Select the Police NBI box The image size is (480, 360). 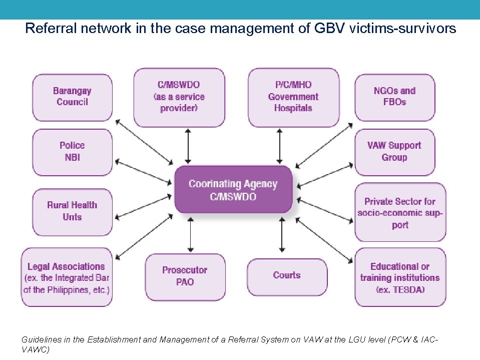pos(73,152)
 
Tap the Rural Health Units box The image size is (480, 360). pos(73,211)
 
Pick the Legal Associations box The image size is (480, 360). pos(67,277)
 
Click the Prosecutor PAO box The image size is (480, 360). pos(185,276)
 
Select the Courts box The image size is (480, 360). pos(287,276)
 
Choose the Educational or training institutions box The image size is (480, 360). pos(400,277)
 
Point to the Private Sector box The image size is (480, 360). pos(400,212)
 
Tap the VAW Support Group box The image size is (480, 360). pos(394,152)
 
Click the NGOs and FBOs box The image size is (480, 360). pos(394,97)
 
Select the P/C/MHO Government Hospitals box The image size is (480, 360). pos(293,97)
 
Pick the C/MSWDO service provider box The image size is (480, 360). pos(179,97)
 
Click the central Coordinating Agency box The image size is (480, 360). pos(233,190)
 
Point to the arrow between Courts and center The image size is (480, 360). pos(282,234)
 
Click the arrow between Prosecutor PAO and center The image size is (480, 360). pos(189,234)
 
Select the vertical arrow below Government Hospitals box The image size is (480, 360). pos(280,145)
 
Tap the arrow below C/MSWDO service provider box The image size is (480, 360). pos(188,145)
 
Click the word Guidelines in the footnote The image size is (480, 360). pos(41,339)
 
